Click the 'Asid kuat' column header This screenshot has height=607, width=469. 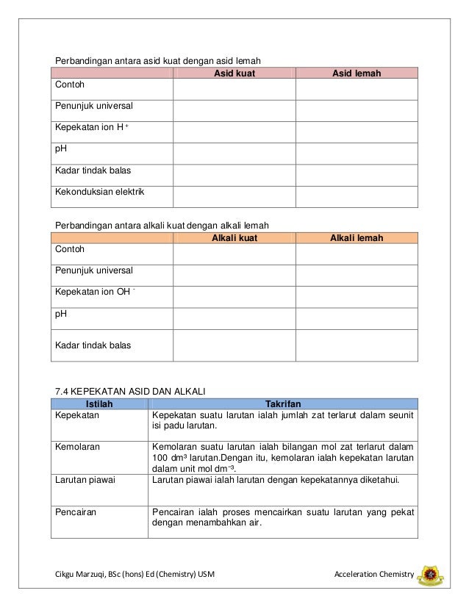(234, 73)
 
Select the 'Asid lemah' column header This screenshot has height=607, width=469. (357, 73)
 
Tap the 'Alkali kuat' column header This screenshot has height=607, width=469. (234, 237)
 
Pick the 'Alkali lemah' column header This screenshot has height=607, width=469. (357, 237)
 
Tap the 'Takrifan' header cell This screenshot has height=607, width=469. (282, 403)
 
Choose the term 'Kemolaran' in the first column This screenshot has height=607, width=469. (79, 445)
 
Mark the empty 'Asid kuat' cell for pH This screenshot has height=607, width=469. (234, 153)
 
